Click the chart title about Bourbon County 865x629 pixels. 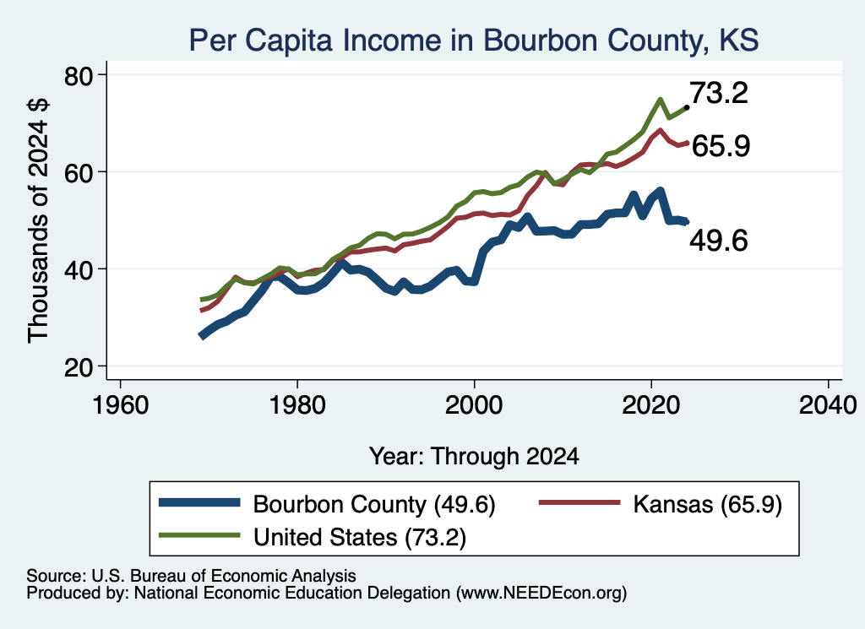(474, 40)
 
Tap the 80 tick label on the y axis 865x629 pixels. (79, 76)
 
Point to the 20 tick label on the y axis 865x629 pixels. (79, 367)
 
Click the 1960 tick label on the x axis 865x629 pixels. (120, 405)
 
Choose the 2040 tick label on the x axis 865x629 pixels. (828, 405)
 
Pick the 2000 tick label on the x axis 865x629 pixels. (474, 405)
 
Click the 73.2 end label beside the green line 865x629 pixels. (719, 93)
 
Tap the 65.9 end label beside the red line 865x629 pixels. (721, 146)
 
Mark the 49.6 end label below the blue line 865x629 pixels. (719, 241)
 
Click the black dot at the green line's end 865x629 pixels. (686, 107)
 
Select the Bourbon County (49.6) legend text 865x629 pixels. (374, 504)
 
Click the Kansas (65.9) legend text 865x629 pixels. (708, 504)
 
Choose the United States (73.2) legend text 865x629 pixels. (360, 537)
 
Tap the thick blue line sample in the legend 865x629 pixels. (199, 502)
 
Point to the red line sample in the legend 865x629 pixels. (579, 502)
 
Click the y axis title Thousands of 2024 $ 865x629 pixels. (38, 220)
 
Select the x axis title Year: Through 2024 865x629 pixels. (474, 457)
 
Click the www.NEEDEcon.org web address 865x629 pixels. (541, 594)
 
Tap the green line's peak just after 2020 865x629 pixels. (660, 100)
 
